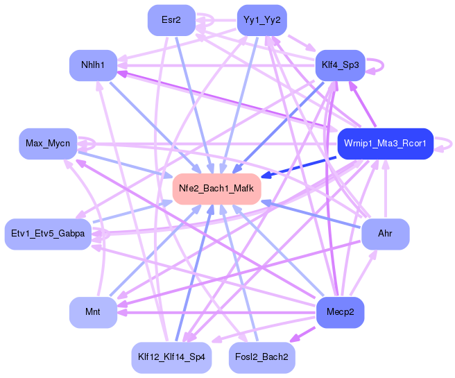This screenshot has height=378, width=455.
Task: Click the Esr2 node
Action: [171, 20]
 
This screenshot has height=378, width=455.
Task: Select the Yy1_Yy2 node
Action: [262, 20]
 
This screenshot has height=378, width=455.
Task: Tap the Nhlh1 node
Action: [93, 65]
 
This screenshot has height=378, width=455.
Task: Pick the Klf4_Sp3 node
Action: [340, 65]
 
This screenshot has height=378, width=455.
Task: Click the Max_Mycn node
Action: [48, 144]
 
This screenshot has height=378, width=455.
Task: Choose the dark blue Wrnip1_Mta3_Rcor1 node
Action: [386, 144]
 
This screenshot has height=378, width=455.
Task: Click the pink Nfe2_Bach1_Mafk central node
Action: [217, 189]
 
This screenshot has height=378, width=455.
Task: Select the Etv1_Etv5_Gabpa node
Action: [48, 234]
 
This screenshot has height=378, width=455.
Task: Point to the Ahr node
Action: [386, 234]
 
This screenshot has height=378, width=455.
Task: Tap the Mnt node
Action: [93, 312]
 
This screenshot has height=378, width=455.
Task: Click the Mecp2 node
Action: [340, 312]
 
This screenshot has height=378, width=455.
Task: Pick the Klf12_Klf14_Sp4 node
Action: [171, 358]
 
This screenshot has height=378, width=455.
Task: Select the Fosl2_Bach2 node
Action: [261, 358]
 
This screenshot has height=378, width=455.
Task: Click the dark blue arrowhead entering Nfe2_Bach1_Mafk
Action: [266, 175]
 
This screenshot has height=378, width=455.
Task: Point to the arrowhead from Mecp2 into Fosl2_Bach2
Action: [295, 338]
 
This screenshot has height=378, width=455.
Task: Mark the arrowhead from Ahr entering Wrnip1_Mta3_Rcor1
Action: [386, 165]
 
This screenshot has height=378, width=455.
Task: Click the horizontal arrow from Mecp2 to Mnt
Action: [216, 313]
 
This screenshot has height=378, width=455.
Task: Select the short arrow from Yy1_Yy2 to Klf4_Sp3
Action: [302, 43]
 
